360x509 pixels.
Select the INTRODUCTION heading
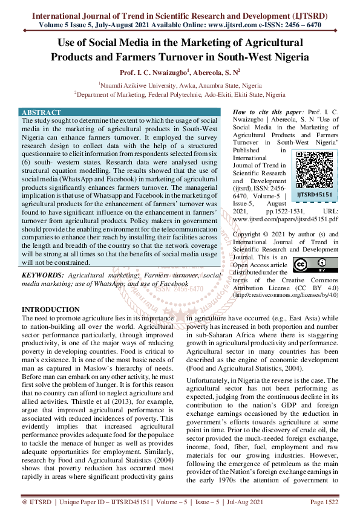point(51,310)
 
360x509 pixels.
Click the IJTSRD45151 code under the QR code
point(314,195)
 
